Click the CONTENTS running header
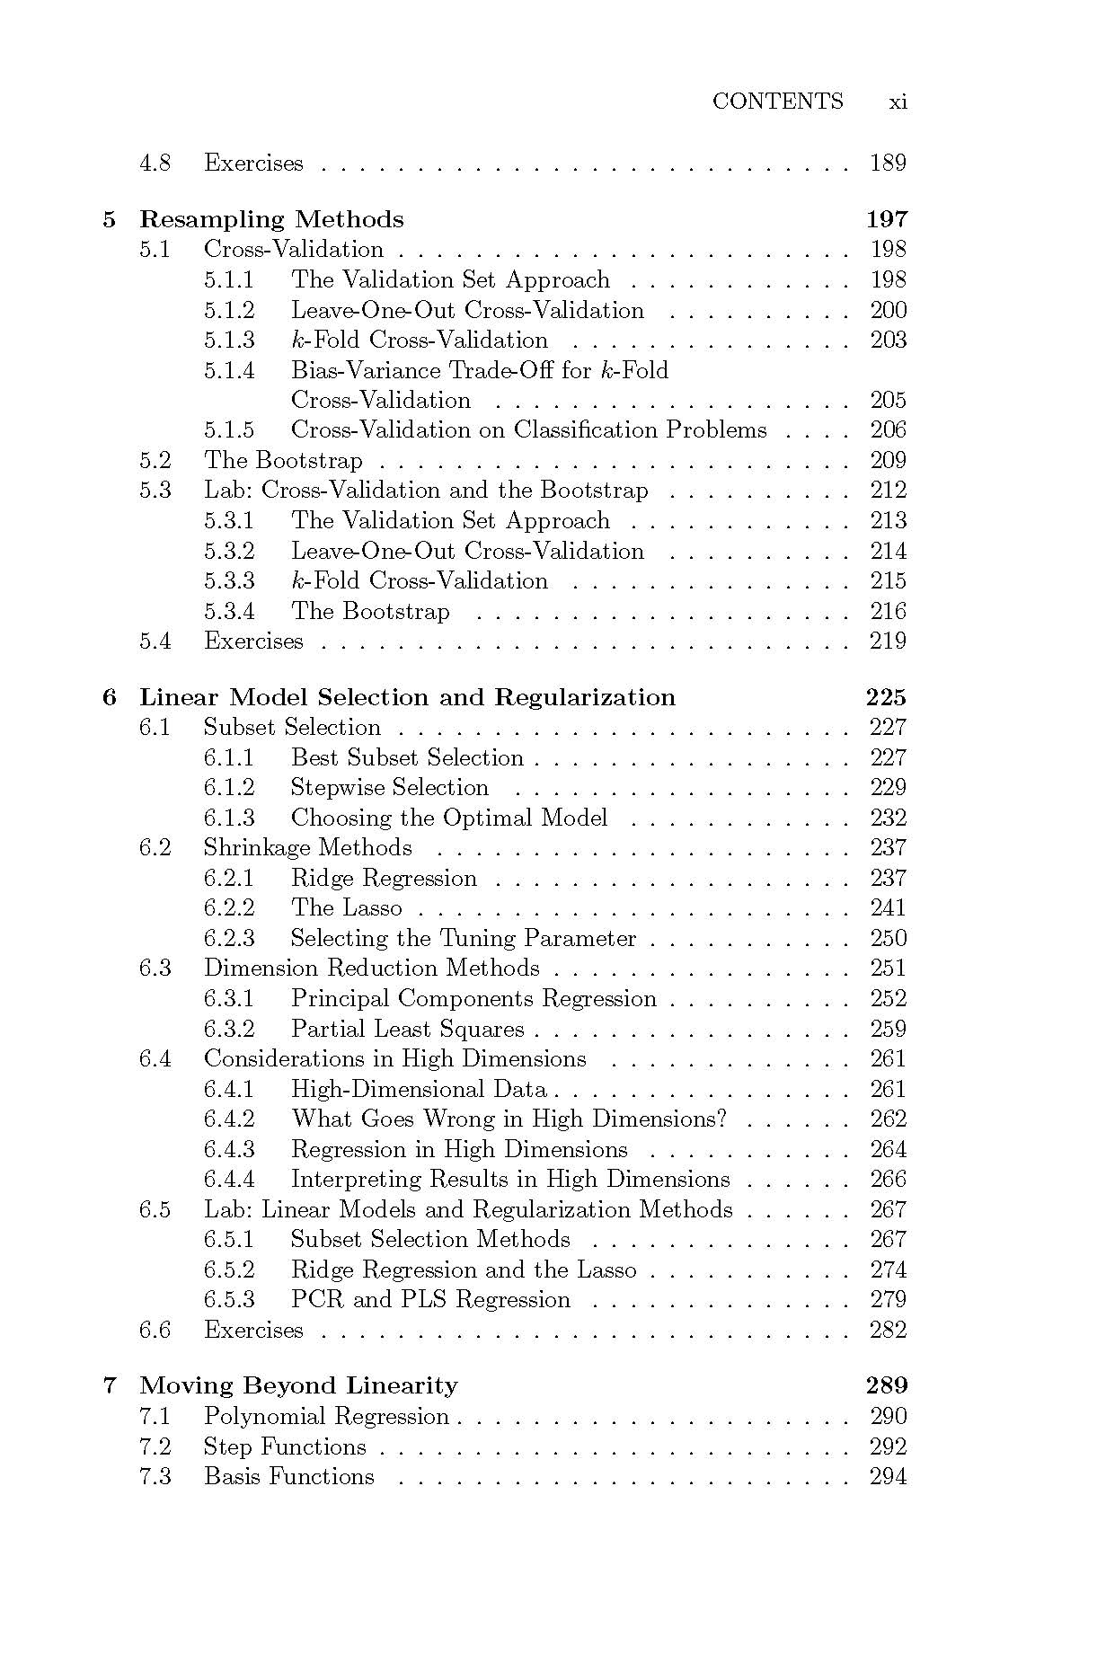click(x=777, y=102)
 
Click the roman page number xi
click(x=898, y=102)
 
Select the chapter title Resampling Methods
click(x=271, y=219)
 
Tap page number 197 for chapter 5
click(x=886, y=219)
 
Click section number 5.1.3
click(x=228, y=340)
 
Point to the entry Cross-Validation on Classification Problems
click(x=528, y=430)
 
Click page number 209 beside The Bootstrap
click(x=888, y=461)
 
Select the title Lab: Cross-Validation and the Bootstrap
click(x=426, y=491)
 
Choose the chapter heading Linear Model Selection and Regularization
click(x=407, y=697)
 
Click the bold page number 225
click(x=886, y=697)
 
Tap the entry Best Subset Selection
click(x=407, y=757)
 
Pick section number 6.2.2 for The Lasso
click(x=228, y=907)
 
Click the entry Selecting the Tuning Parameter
click(x=463, y=938)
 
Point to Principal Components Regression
click(x=473, y=998)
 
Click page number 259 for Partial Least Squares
click(x=888, y=1029)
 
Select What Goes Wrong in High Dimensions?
click(x=509, y=1119)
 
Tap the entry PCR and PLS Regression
click(x=430, y=1299)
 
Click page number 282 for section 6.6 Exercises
click(x=888, y=1330)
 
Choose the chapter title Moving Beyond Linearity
click(x=298, y=1385)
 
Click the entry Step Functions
click(x=285, y=1446)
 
